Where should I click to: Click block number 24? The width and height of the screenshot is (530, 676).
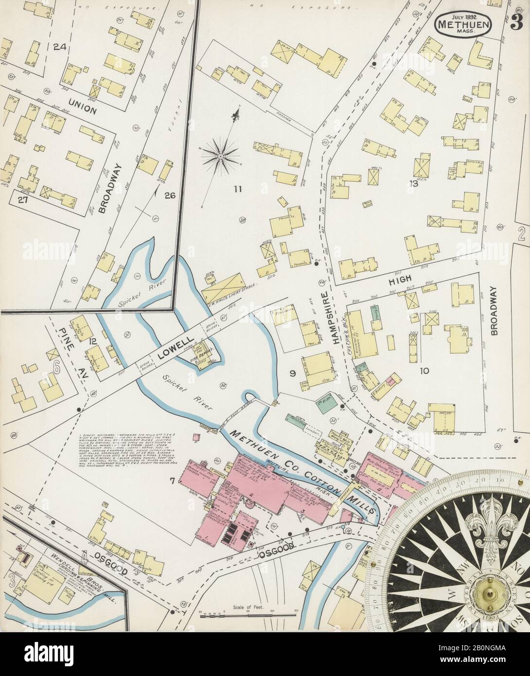pos(60,47)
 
